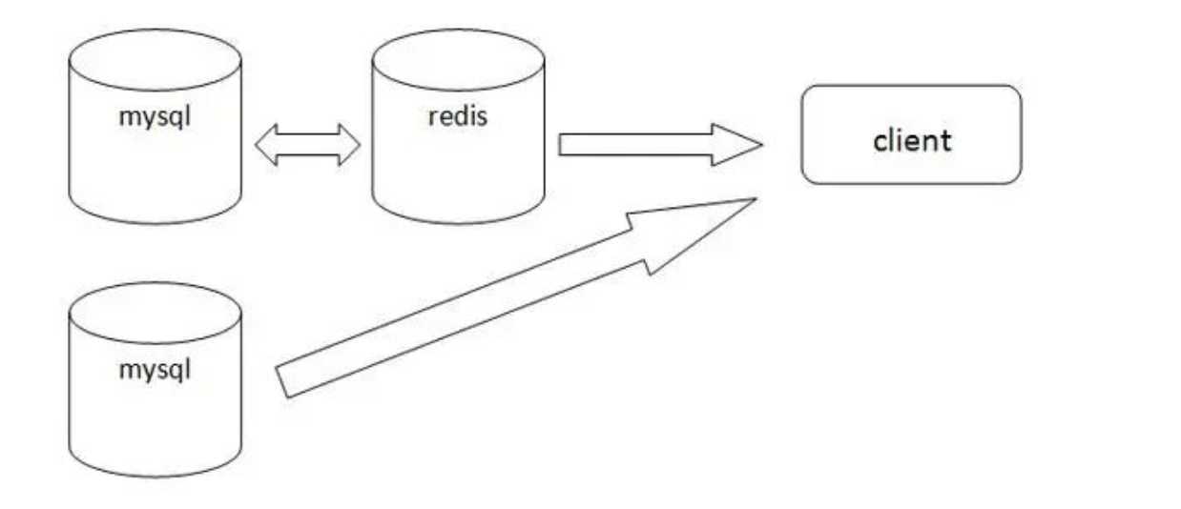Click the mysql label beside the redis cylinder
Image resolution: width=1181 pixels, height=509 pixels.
pyautogui.click(x=155, y=121)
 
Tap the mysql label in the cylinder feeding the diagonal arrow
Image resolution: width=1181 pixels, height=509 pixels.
pyautogui.click(x=155, y=369)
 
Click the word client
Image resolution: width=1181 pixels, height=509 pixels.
pyautogui.click(x=912, y=140)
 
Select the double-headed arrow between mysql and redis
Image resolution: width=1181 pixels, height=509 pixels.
pyautogui.click(x=308, y=145)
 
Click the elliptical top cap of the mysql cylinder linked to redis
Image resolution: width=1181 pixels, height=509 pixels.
pyautogui.click(x=155, y=59)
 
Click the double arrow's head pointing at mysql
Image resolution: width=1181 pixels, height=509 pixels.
pyautogui.click(x=269, y=145)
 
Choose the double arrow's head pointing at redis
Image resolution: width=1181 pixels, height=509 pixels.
pyautogui.click(x=349, y=145)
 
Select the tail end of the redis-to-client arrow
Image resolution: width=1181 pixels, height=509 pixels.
pyautogui.click(x=563, y=145)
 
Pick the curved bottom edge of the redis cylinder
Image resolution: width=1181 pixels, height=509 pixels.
pyautogui.click(x=458, y=221)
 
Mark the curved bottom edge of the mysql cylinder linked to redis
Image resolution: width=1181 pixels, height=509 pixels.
pyautogui.click(x=155, y=221)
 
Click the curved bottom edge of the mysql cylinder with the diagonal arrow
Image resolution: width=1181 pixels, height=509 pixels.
pyautogui.click(x=155, y=474)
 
